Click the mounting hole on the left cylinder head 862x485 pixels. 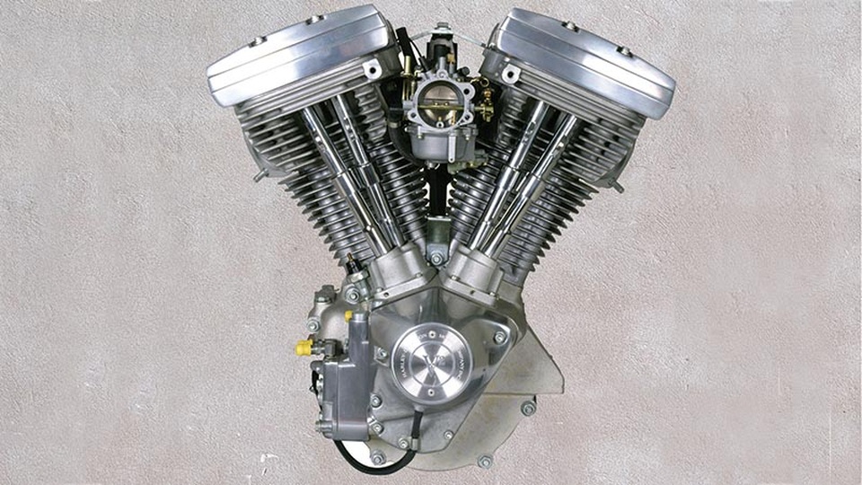[x=371, y=69]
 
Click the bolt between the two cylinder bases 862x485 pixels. [x=436, y=259]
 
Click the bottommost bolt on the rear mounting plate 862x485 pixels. [x=485, y=462]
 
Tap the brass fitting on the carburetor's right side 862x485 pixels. [x=485, y=106]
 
